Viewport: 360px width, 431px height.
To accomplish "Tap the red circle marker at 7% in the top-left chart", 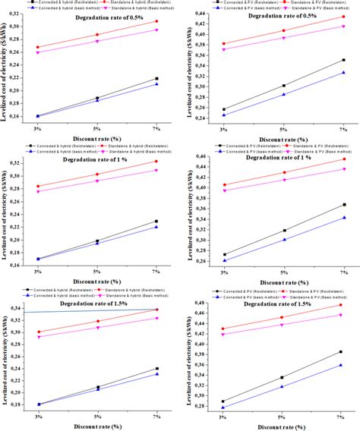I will point(157,21).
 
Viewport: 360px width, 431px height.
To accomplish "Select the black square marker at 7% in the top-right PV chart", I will point(343,60).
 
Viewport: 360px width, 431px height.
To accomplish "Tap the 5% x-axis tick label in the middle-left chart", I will point(97,269).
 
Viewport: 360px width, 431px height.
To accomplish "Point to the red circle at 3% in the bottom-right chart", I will point(223,329).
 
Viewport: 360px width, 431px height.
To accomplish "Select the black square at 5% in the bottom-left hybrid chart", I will point(97,387).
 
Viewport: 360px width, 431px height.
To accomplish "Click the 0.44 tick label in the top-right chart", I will point(201,14).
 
